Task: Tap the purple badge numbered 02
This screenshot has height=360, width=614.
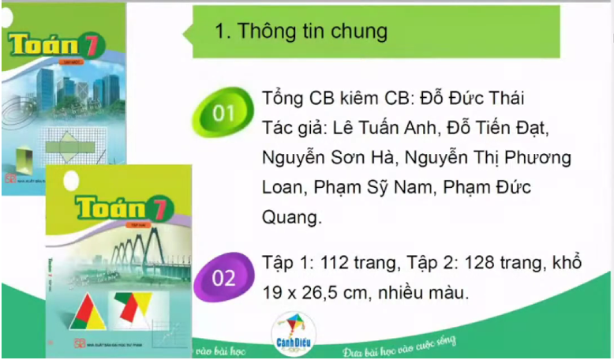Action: point(224,277)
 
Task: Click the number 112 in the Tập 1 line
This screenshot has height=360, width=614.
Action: point(331,261)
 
